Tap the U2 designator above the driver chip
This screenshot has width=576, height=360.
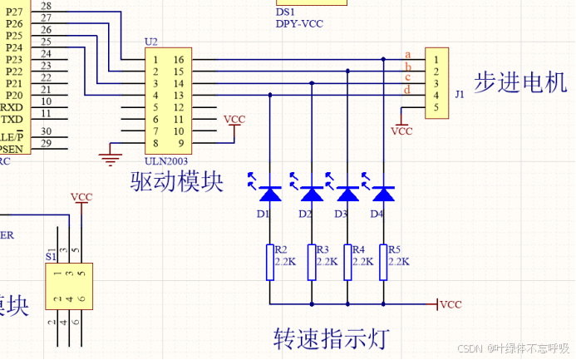(x=150, y=42)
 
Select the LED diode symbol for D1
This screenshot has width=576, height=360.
(x=269, y=194)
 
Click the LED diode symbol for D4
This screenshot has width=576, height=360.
(x=382, y=194)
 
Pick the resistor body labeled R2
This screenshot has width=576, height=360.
(x=269, y=262)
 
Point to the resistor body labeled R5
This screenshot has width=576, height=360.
(x=382, y=262)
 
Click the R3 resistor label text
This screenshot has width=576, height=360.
(x=323, y=249)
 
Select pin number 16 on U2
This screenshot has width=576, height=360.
(x=178, y=60)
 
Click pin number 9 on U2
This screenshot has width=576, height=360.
(x=178, y=143)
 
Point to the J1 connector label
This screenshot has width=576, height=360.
(x=460, y=95)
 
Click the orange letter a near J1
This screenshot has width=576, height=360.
(x=407, y=54)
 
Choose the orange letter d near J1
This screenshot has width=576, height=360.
(x=407, y=89)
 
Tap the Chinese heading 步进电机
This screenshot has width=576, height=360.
(x=520, y=82)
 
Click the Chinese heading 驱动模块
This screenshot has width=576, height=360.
(x=177, y=182)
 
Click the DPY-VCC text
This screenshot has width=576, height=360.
(x=298, y=24)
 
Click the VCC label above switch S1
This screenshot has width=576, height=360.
(x=81, y=197)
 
